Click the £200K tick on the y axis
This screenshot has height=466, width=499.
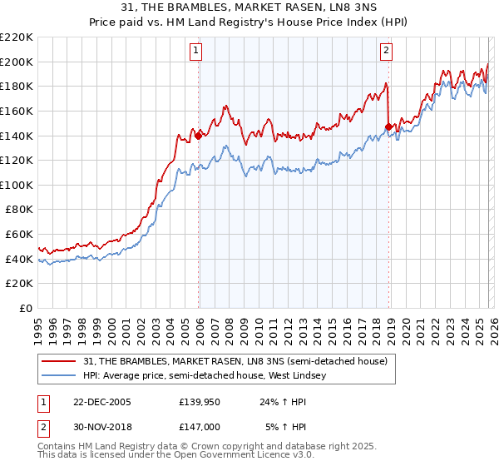coord(17,62)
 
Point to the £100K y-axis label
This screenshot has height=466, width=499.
coord(17,185)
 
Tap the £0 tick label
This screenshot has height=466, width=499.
coord(25,308)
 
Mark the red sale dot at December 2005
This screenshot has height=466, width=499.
coord(199,136)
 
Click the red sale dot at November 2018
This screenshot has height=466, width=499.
coord(388,127)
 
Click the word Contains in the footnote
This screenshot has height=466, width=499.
coord(57,446)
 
